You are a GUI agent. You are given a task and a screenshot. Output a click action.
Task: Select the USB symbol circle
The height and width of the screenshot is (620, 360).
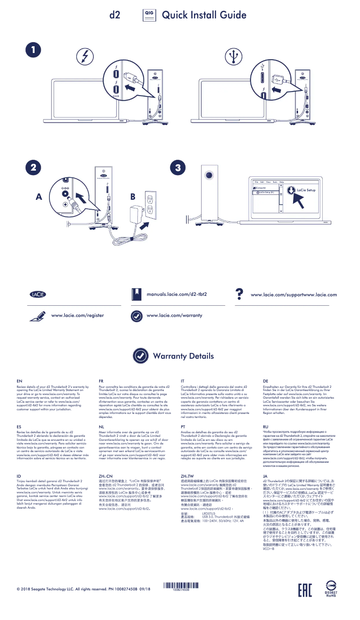point(233,56)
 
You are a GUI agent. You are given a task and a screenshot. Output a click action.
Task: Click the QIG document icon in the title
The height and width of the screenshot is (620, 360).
point(149,15)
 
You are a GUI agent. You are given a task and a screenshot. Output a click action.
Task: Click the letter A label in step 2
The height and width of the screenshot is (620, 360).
point(39,198)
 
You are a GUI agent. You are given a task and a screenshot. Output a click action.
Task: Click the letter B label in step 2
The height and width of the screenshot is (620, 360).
point(132,197)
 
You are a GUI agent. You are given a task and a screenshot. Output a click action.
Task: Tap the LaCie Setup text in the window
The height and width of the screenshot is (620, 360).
point(306,190)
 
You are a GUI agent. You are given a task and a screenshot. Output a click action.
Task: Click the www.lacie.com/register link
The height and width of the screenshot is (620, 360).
point(78,316)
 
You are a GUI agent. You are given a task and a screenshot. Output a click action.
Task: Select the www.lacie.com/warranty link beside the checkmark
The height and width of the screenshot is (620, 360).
point(175,316)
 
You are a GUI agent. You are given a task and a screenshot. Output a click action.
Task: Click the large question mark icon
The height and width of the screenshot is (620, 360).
point(240,294)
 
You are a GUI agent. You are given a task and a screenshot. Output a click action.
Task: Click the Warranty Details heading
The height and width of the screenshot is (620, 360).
point(184,356)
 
